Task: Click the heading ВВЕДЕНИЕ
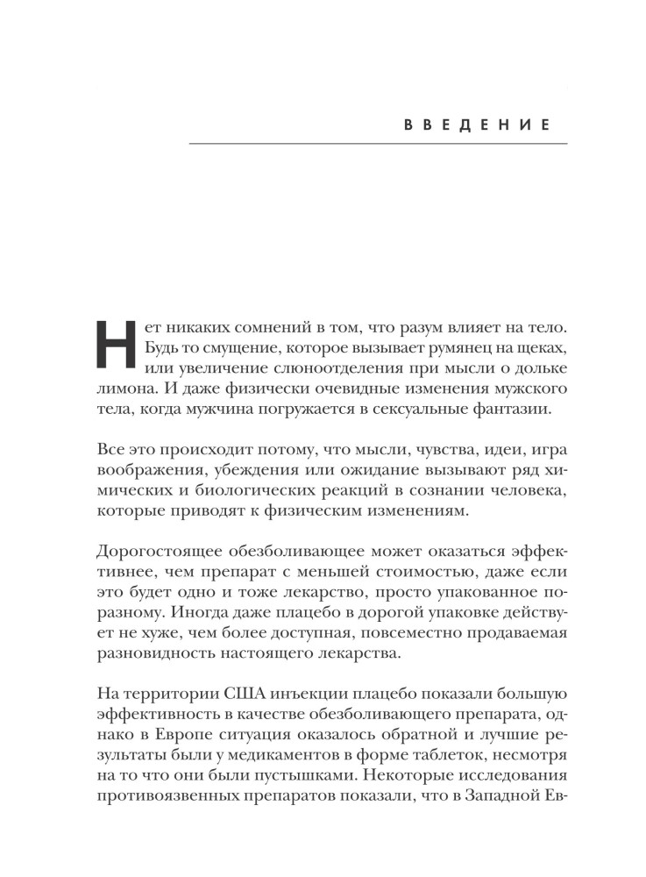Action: [476, 125]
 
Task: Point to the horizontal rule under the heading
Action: [379, 144]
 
